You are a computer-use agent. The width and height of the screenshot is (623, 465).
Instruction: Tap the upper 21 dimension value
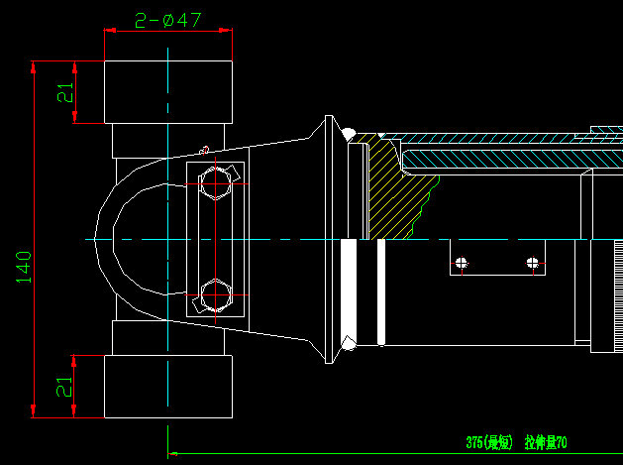(x=64, y=92)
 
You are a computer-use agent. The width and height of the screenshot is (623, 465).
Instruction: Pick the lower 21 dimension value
(x=64, y=387)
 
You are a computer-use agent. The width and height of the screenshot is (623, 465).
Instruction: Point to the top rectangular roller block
(x=168, y=92)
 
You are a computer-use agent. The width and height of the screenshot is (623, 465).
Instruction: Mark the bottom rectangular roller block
(x=168, y=386)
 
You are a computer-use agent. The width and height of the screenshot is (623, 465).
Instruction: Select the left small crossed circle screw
(x=461, y=263)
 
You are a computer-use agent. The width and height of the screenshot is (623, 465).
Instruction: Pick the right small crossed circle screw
(x=533, y=263)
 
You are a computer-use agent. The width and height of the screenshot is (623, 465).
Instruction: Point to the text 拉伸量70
(x=546, y=442)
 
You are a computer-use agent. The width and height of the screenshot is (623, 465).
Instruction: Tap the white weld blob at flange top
(x=348, y=132)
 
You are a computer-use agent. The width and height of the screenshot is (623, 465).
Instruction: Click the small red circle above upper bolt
(x=204, y=151)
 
